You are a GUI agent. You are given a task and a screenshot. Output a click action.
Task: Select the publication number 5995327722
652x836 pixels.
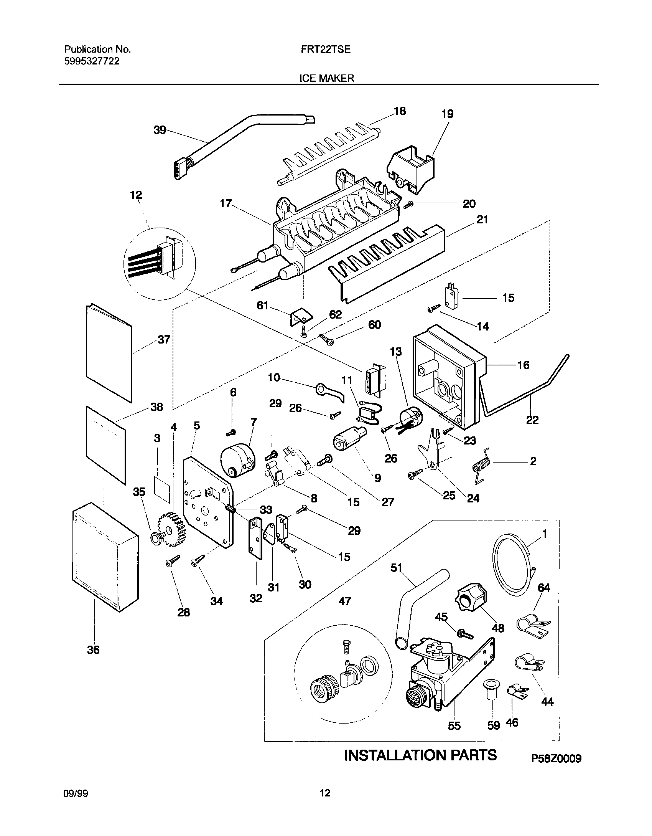[92, 61]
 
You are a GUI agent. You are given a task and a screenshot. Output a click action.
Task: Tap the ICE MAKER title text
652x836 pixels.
[326, 78]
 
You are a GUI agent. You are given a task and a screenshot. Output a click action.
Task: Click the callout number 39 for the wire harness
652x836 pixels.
[160, 130]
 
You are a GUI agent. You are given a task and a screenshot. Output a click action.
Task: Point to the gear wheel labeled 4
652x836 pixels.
[171, 531]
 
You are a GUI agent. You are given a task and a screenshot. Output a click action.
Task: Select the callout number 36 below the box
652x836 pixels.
[93, 650]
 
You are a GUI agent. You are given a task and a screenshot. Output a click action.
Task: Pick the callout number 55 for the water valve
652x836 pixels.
[454, 726]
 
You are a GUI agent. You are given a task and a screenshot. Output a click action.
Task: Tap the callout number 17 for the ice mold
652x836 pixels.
[226, 203]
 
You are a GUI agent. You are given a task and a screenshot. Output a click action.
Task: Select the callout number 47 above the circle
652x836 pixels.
[345, 601]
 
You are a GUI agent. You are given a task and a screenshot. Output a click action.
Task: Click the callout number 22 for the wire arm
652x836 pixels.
[532, 420]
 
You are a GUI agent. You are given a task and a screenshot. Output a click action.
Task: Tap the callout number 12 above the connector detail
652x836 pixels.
[136, 195]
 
